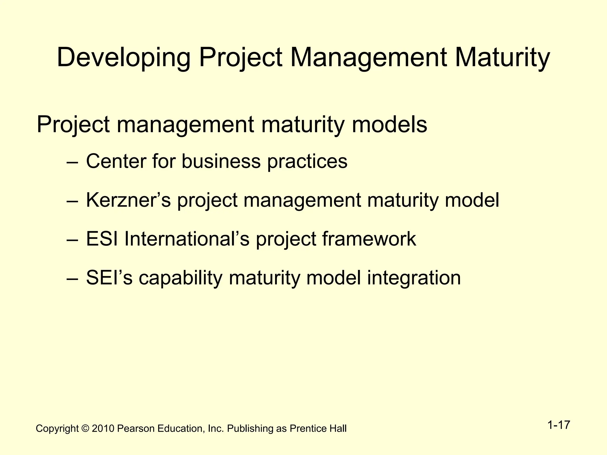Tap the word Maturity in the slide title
coord(502,58)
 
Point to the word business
coord(221,161)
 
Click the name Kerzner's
coord(128,200)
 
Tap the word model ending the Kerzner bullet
coord(472,200)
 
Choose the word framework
coord(369,239)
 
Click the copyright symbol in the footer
coord(85,429)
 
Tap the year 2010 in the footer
coord(103,429)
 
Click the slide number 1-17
coord(558,425)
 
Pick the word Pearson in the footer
coord(136,429)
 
